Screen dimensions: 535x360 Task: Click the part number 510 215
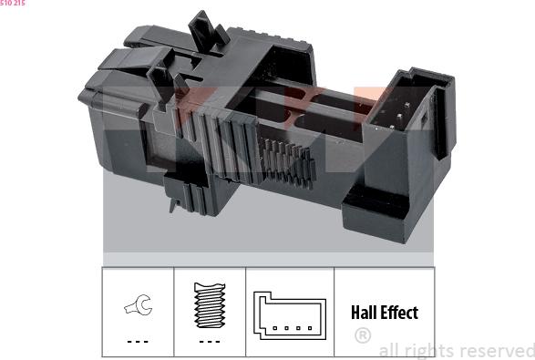click(x=12, y=3)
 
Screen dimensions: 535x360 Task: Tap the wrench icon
click(x=139, y=304)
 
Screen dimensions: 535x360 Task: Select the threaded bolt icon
click(x=210, y=305)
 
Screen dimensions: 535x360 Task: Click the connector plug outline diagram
click(x=290, y=315)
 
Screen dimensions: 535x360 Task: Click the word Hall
click(x=364, y=313)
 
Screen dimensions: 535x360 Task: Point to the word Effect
click(x=399, y=313)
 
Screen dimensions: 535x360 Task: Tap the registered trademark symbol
click(x=363, y=335)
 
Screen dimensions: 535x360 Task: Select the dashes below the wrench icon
click(x=138, y=342)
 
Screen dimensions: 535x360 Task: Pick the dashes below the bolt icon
click(x=210, y=342)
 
